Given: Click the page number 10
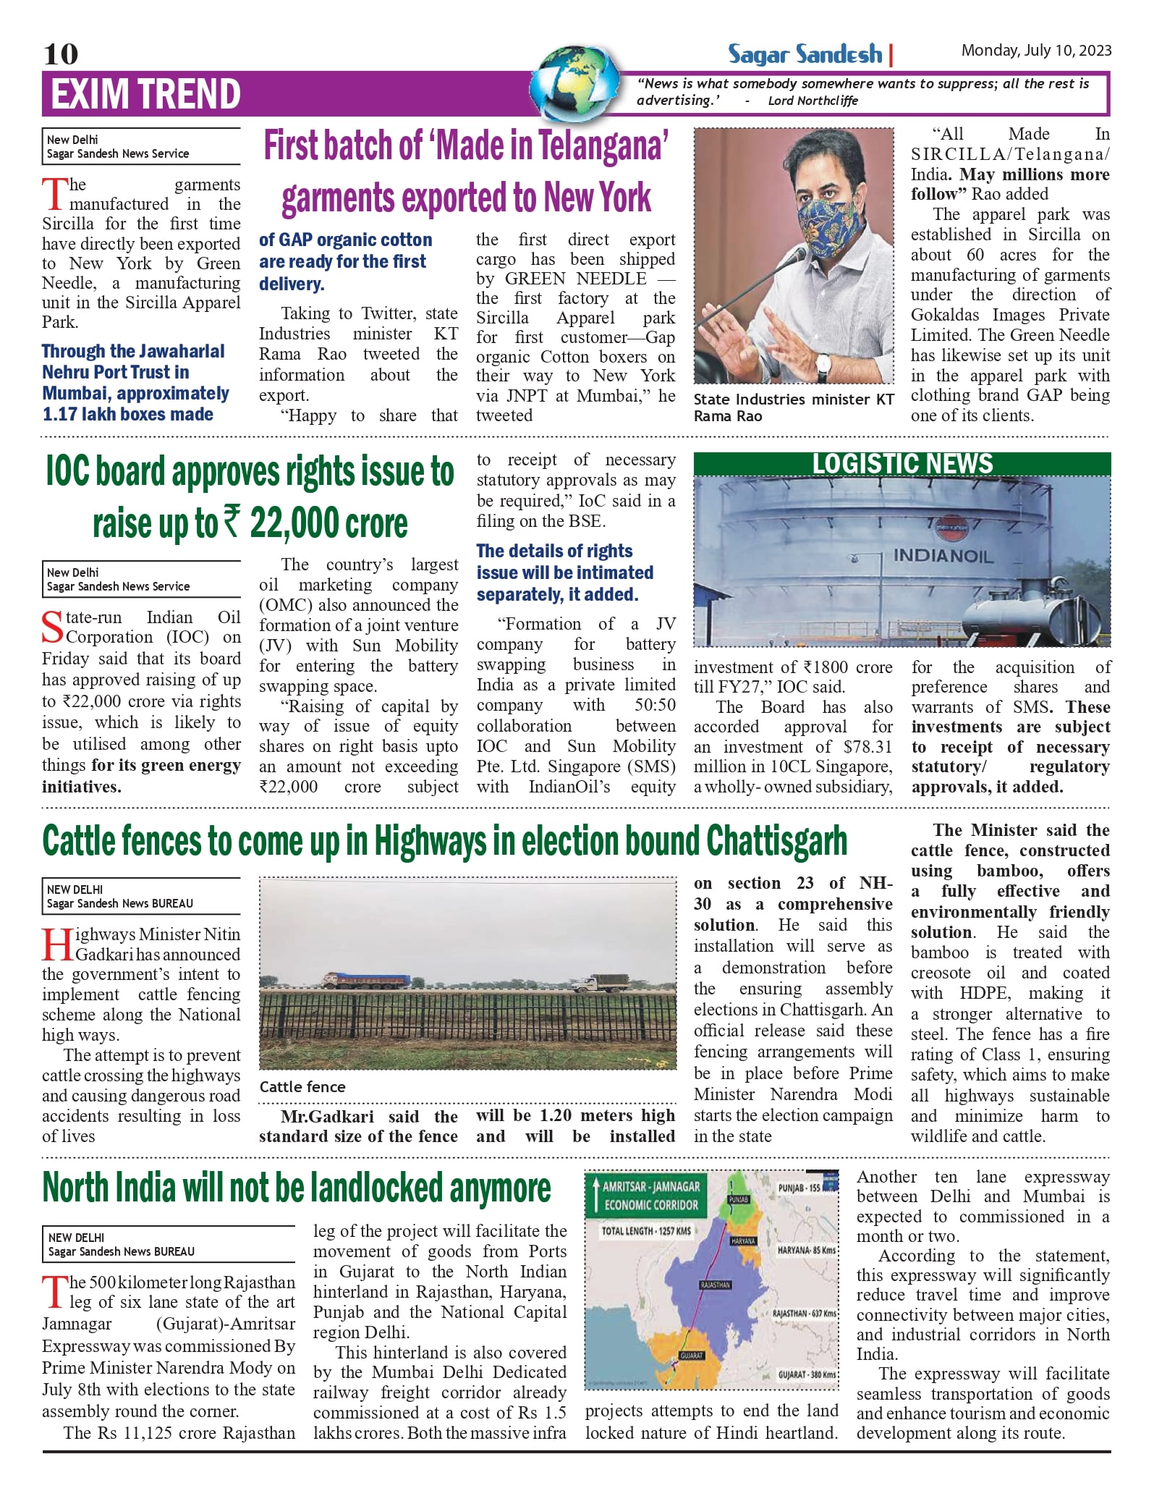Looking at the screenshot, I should pyautogui.click(x=61, y=54).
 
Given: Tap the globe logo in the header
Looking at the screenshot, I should pyautogui.click(x=577, y=84).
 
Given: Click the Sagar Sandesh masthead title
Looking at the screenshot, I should pyautogui.click(x=805, y=54).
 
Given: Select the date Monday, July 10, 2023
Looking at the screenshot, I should pyautogui.click(x=1035, y=51).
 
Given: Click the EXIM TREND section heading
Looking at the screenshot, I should pyautogui.click(x=145, y=94).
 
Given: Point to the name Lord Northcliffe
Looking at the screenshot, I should pyautogui.click(x=813, y=101).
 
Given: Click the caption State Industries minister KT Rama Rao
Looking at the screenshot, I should pyautogui.click(x=793, y=407).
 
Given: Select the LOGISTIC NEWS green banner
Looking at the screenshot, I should pyautogui.click(x=901, y=464).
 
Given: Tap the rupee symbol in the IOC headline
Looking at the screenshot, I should pyautogui.click(x=231, y=523).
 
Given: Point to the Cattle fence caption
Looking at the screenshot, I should pyautogui.click(x=302, y=1086).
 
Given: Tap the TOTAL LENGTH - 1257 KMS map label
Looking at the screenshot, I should pyautogui.click(x=646, y=1230).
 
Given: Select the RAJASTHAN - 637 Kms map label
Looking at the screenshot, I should pyautogui.click(x=805, y=1313).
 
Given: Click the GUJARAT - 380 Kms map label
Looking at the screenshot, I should pyautogui.click(x=807, y=1374).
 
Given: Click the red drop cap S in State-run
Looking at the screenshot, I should pyautogui.click(x=52, y=627).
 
